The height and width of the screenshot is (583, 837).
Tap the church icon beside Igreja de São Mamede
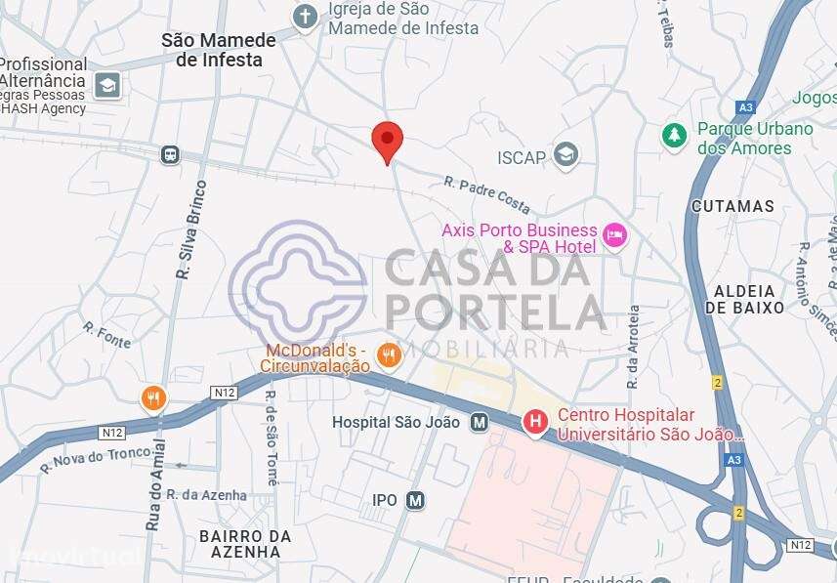point(307,17)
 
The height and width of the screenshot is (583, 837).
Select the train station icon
point(171,154)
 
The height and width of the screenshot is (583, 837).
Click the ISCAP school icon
point(565,154)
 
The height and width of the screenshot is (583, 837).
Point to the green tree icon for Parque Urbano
point(673,136)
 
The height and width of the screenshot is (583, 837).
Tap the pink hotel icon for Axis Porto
point(614,234)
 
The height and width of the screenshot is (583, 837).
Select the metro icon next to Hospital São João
point(479,422)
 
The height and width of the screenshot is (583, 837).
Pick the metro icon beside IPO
point(416,500)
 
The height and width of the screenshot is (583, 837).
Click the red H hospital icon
point(535,422)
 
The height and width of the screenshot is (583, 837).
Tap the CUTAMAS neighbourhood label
point(732,206)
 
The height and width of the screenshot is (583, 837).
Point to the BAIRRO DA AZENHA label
point(245,544)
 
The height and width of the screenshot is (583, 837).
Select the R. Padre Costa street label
point(486,195)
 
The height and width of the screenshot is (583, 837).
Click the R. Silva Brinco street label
point(192,229)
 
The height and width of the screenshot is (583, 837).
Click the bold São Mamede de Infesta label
point(211,50)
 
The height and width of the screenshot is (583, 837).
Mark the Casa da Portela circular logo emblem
point(303,283)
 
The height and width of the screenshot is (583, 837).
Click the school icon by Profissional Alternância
point(107,86)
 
